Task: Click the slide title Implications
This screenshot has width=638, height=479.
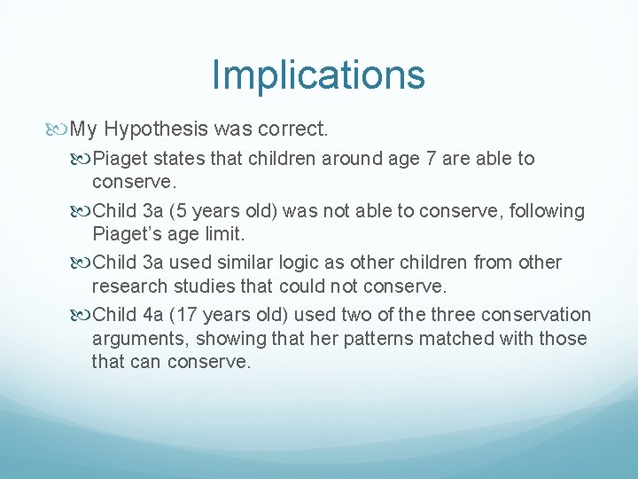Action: pyautogui.click(x=318, y=75)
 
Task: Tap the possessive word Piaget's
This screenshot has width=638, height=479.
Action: pyautogui.click(x=123, y=234)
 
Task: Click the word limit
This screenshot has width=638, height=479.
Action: pyautogui.click(x=225, y=234)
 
